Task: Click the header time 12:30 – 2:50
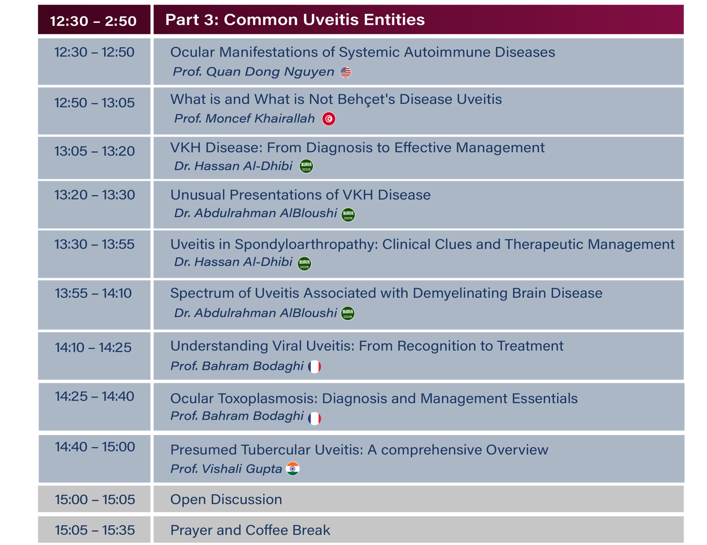(93, 21)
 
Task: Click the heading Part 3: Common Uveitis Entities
(295, 19)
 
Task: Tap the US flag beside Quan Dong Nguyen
(346, 72)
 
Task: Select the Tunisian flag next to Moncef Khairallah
(329, 119)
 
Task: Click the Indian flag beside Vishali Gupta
(293, 469)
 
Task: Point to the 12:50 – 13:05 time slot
(95, 103)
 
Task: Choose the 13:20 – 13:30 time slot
(95, 195)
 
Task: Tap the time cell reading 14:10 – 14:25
(93, 347)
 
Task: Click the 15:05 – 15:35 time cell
(95, 530)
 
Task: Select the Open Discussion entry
(226, 499)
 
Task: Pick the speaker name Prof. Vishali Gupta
(226, 469)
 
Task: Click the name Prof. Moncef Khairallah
(244, 118)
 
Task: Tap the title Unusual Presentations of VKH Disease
(300, 195)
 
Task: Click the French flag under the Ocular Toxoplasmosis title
(314, 419)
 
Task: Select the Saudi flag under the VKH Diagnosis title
(306, 166)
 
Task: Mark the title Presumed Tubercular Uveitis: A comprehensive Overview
(359, 450)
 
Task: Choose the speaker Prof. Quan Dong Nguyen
(254, 72)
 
